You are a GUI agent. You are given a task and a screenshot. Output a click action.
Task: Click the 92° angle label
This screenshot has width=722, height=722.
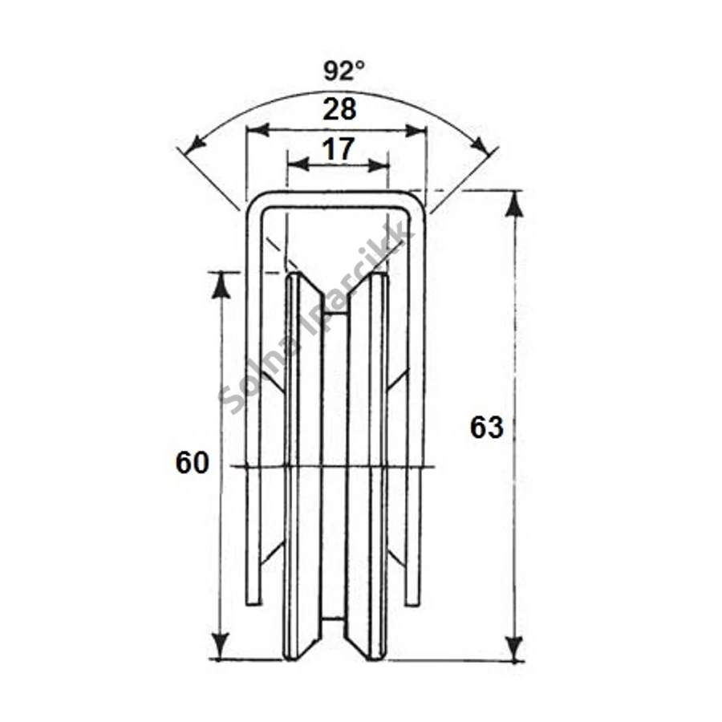[344, 71]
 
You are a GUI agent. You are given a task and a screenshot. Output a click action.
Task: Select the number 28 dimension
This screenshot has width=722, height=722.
[339, 110]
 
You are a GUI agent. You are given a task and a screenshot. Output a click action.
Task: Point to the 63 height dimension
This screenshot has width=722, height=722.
[487, 428]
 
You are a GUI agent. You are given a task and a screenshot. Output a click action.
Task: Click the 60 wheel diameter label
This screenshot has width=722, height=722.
[193, 463]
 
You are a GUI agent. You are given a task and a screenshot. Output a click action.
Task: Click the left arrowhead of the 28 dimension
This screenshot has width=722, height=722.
[257, 131]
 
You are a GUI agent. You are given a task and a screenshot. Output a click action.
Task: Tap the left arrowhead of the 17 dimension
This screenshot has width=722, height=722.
[298, 164]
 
